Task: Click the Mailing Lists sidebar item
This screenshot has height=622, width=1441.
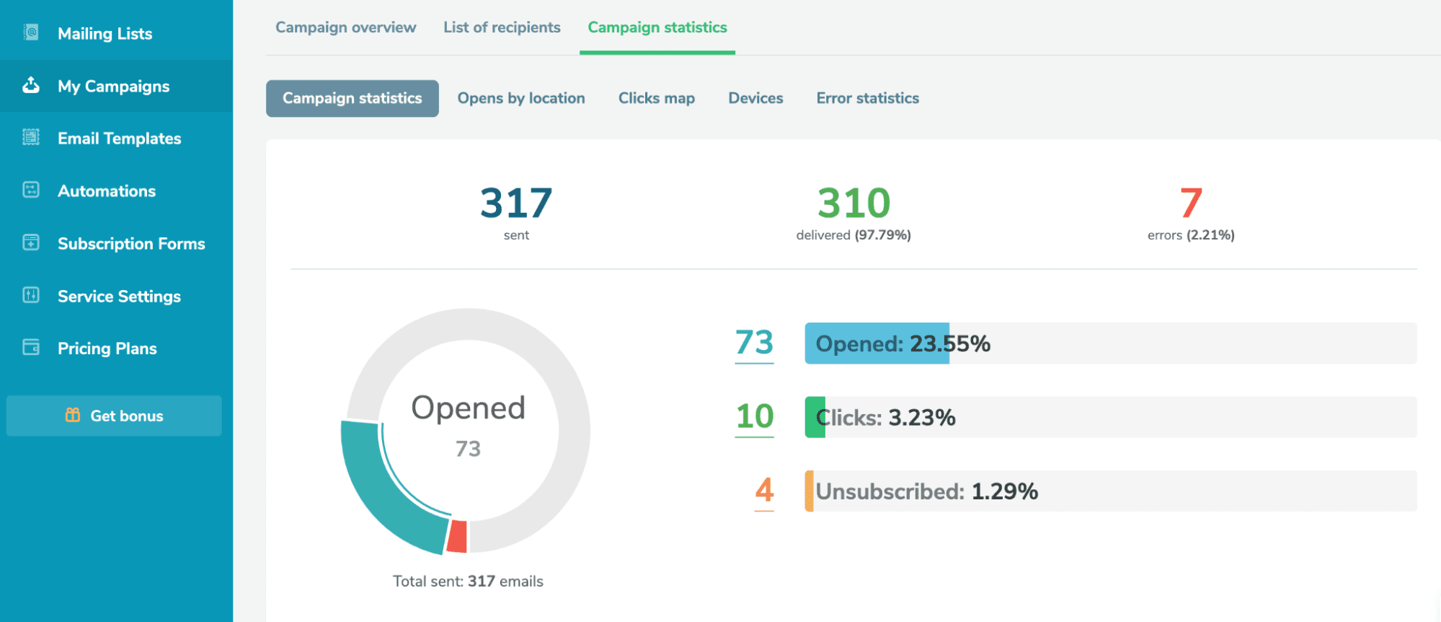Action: [x=105, y=34]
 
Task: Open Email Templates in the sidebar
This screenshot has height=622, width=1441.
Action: [x=119, y=139]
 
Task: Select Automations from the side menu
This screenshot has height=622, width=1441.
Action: [x=107, y=191]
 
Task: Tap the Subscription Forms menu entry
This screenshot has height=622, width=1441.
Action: [x=131, y=244]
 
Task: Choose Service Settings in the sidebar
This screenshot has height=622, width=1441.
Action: [x=119, y=297]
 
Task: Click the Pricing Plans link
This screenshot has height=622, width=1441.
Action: [x=107, y=349]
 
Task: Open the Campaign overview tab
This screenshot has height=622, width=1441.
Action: [x=345, y=27]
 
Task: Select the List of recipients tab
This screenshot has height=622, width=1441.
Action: [x=502, y=27]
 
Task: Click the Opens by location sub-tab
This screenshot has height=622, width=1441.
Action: [x=520, y=98]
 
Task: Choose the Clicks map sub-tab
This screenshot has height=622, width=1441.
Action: [x=656, y=98]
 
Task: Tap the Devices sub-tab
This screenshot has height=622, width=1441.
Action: [x=755, y=98]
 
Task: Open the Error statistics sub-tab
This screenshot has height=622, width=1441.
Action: [x=867, y=98]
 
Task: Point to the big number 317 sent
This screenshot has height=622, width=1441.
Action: [x=516, y=203]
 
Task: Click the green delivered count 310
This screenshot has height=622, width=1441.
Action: [x=853, y=203]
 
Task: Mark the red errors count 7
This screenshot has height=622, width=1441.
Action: [x=1191, y=203]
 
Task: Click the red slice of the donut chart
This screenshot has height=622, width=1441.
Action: [x=458, y=537]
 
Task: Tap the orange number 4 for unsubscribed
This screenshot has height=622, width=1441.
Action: [x=764, y=491]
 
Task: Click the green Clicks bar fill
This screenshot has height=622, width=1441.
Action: [x=815, y=417]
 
